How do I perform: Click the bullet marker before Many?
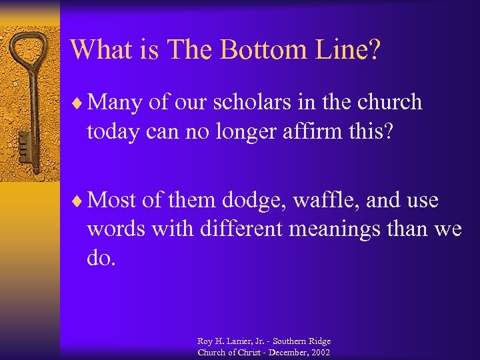click(x=77, y=103)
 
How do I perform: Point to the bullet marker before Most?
click(x=77, y=199)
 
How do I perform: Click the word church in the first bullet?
click(x=389, y=102)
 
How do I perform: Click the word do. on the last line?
click(x=101, y=258)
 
